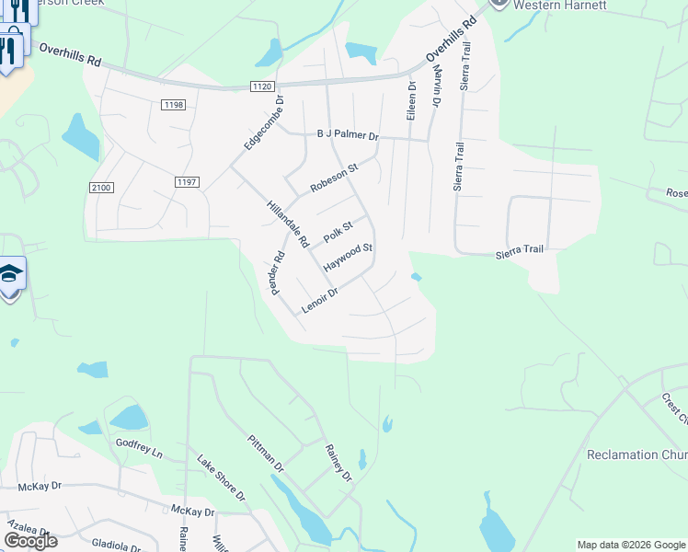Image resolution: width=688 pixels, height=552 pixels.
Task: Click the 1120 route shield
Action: point(261,86)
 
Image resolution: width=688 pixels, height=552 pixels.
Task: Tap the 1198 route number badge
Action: point(174,105)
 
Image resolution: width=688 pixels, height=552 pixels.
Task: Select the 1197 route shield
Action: point(187,182)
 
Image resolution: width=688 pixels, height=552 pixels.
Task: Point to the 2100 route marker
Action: point(101,188)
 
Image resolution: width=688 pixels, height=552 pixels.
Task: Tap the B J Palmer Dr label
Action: point(348,135)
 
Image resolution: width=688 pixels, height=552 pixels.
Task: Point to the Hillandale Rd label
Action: point(287,224)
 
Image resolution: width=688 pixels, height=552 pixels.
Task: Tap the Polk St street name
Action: point(338,230)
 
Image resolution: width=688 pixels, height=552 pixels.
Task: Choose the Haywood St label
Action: point(349,257)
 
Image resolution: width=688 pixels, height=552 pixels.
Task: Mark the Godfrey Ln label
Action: point(139,448)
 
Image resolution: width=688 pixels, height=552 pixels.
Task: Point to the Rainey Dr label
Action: point(338,462)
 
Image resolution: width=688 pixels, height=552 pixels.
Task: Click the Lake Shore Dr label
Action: point(222,476)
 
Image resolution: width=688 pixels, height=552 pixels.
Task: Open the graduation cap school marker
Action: point(10,274)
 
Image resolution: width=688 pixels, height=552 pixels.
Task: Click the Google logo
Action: point(30,541)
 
